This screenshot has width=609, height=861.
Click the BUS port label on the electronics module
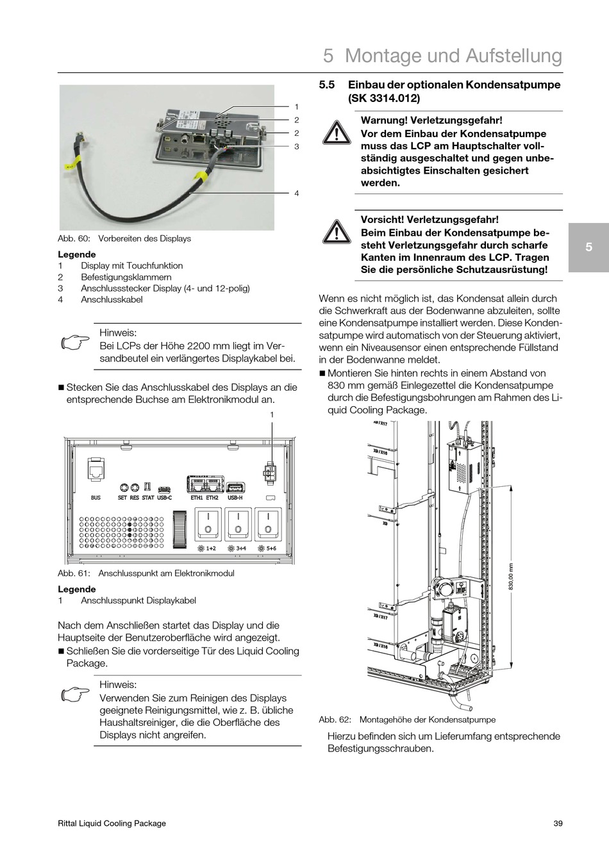click(x=96, y=497)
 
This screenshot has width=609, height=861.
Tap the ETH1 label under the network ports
click(x=196, y=497)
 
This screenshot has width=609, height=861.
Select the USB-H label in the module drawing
click(x=235, y=497)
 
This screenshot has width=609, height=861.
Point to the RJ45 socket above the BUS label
click(x=96, y=470)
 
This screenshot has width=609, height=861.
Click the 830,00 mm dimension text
click(x=511, y=578)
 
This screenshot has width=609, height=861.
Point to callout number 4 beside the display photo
click(x=297, y=193)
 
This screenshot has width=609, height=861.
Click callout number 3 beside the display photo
click(x=297, y=147)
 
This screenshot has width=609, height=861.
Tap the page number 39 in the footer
click(x=558, y=823)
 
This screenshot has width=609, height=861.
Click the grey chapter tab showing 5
click(x=588, y=247)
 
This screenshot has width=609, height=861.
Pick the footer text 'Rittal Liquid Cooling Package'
click(x=112, y=823)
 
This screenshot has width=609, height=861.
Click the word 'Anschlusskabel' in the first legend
click(x=112, y=300)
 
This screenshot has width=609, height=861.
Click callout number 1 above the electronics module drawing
click(x=272, y=415)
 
